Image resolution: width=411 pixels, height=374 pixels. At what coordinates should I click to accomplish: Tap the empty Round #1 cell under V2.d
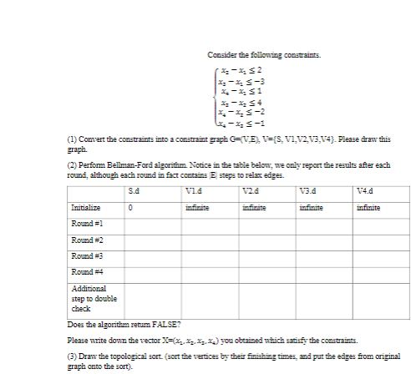pos(267,224)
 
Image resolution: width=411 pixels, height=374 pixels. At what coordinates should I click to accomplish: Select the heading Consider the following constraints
pos(264,55)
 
